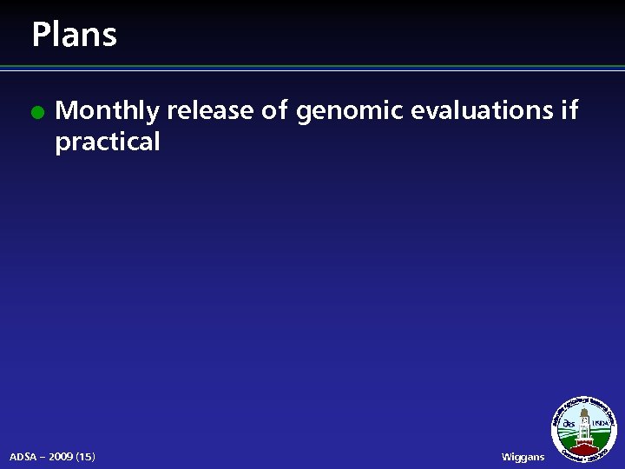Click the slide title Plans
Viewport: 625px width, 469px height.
74,35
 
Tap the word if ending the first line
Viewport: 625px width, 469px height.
569,110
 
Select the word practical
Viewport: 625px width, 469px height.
108,142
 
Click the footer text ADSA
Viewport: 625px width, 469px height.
23,456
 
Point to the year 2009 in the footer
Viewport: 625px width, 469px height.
60,456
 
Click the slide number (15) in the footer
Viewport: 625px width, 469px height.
86,456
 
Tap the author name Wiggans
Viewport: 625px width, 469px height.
523,456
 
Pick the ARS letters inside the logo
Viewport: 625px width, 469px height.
569,424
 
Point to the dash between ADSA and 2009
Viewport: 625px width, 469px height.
43,456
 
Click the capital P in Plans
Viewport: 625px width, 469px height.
40,35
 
